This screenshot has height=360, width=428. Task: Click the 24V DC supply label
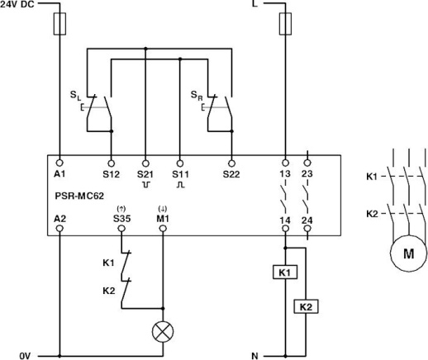(x=19, y=5)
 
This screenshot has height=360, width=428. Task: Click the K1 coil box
(x=286, y=271)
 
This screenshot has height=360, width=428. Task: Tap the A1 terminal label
(x=59, y=174)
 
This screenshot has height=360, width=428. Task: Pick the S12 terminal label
(x=111, y=174)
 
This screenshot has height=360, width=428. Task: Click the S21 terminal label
(x=145, y=174)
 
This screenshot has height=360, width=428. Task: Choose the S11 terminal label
(x=180, y=174)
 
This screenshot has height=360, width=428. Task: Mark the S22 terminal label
(x=231, y=174)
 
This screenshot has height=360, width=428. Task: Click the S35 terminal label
(x=121, y=218)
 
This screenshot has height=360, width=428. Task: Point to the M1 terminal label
(x=162, y=218)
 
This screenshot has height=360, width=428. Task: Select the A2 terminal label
(x=59, y=218)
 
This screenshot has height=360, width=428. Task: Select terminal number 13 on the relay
(x=286, y=174)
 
